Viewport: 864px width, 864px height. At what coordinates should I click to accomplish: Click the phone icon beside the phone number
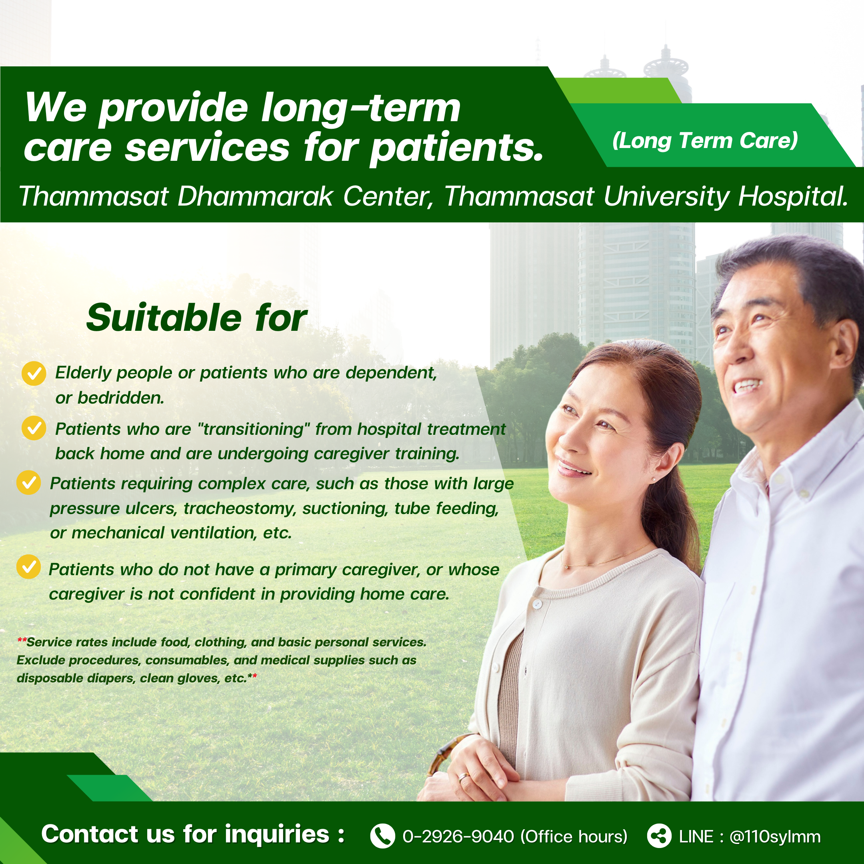click(x=383, y=836)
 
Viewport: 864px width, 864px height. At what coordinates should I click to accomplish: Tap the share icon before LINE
click(x=659, y=836)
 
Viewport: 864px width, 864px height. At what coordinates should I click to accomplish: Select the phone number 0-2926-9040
click(x=458, y=837)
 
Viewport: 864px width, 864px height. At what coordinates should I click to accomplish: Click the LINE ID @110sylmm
click(x=775, y=837)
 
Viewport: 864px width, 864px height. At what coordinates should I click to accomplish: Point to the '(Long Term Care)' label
click(x=705, y=141)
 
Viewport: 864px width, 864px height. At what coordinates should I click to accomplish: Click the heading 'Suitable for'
click(x=197, y=318)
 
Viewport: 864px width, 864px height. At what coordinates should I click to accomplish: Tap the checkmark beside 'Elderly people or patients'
click(x=34, y=374)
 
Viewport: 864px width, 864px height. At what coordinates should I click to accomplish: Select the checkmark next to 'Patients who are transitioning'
click(x=34, y=428)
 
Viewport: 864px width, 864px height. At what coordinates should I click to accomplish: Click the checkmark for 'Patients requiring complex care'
click(x=29, y=482)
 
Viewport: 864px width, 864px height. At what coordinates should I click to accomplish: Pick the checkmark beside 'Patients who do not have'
click(x=29, y=567)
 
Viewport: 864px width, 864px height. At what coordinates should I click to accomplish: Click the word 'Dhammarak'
click(x=255, y=196)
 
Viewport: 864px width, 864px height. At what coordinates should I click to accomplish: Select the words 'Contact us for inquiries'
click(x=186, y=834)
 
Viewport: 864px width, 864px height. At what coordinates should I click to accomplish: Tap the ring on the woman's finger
click(x=464, y=777)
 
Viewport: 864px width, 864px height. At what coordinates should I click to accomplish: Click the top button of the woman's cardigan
click(x=537, y=604)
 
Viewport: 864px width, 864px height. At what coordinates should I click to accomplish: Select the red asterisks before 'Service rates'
click(x=22, y=640)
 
